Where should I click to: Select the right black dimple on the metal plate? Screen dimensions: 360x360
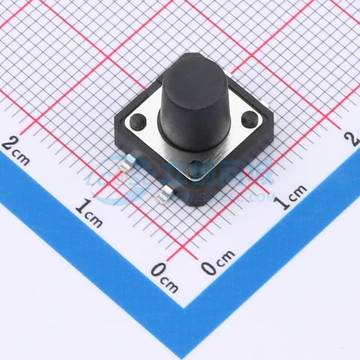[x=248, y=119]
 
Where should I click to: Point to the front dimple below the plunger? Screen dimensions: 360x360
[x=196, y=165]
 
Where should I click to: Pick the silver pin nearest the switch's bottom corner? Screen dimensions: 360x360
[x=165, y=195]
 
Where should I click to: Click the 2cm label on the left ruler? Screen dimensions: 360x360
[x=16, y=150]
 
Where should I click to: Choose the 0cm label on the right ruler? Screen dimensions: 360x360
[x=218, y=262]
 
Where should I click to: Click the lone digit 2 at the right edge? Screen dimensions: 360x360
[x=353, y=137]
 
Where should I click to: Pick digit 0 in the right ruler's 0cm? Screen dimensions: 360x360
[x=209, y=268]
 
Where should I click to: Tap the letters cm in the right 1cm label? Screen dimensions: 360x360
[x=299, y=192]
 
